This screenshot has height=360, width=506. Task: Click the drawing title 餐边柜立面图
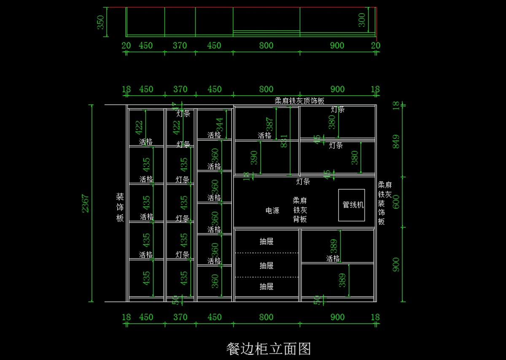(269, 349)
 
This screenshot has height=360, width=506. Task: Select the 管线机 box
(352, 205)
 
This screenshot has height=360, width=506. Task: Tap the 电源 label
(272, 210)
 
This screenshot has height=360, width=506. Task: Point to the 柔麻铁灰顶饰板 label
(299, 101)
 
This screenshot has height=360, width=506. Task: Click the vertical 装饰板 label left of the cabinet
(120, 207)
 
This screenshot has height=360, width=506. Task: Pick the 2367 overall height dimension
(86, 203)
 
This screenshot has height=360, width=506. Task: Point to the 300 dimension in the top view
(362, 20)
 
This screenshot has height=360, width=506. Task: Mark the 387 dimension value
(270, 124)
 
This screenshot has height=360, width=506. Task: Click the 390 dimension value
(254, 158)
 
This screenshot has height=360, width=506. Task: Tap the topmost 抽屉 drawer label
(266, 242)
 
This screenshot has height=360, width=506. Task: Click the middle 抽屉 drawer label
(266, 266)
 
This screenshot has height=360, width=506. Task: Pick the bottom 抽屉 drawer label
(266, 287)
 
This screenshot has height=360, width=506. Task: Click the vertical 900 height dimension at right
(396, 265)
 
